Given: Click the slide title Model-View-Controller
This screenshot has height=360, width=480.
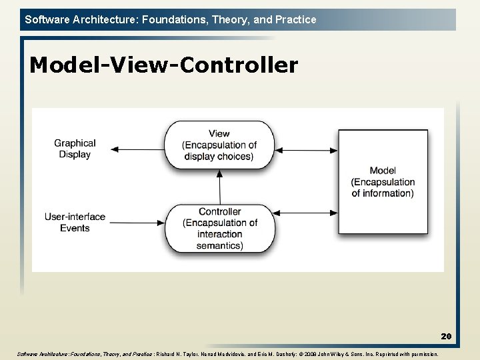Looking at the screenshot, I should [x=163, y=65].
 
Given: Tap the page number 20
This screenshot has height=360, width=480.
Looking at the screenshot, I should [x=446, y=337].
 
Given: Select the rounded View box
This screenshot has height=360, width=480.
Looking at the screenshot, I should [x=219, y=145].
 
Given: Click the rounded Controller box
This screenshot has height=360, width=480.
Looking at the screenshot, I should [x=219, y=227].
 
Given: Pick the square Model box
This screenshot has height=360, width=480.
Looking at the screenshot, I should [x=383, y=181].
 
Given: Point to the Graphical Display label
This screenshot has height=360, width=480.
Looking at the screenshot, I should [x=75, y=149].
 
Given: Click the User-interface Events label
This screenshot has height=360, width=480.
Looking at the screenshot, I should [x=75, y=222].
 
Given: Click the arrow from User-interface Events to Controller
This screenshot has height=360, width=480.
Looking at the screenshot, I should [x=137, y=222].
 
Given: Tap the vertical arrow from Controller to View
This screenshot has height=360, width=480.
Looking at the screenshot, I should [x=219, y=186].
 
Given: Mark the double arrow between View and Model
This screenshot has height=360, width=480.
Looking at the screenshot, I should [x=306, y=150].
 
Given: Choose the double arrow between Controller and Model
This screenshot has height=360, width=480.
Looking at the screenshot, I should [x=306, y=213].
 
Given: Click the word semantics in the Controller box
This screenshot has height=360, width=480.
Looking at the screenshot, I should [x=219, y=245].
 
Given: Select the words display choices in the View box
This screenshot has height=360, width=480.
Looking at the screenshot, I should [x=219, y=157].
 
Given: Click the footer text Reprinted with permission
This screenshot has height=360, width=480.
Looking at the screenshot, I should [x=406, y=354].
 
